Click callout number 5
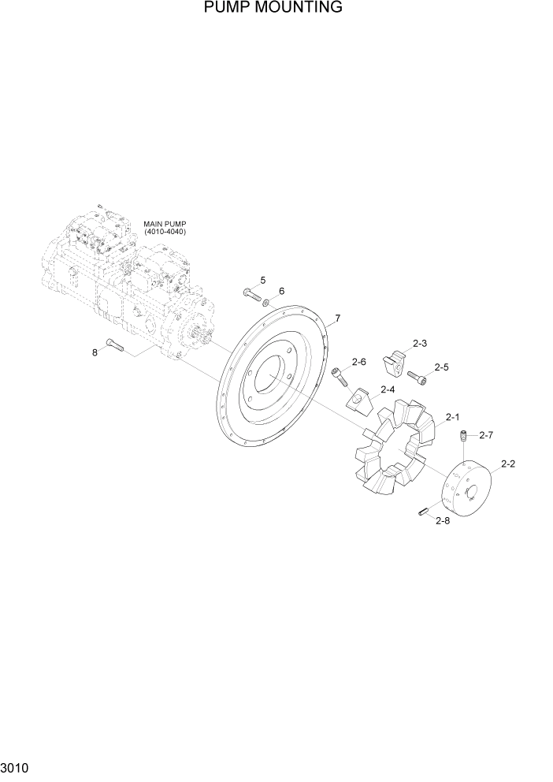[x=262, y=281]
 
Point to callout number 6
[x=281, y=291]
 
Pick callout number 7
[x=337, y=319]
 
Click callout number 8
[x=95, y=352]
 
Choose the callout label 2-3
[x=420, y=344]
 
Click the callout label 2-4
[x=388, y=389]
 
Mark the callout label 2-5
[x=441, y=367]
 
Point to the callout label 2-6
[x=358, y=362]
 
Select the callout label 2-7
[x=485, y=435]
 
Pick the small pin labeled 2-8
[x=423, y=512]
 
